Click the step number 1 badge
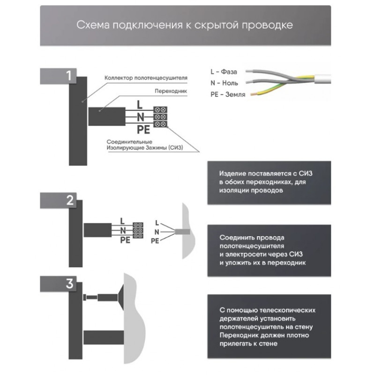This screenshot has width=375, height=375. point(58,76)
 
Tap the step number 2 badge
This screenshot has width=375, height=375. point(58,200)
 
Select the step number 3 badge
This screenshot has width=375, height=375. point(58,284)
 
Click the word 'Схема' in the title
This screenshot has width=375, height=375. point(93,25)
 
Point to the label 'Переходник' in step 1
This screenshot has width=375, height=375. point(171,91)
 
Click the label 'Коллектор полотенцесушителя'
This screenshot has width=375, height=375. point(146,78)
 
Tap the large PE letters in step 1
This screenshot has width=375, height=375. point(143,130)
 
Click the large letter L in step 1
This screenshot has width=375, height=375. point(139,105)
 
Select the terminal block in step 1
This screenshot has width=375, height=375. point(160,117)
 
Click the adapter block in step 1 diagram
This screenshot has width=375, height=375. point(107,116)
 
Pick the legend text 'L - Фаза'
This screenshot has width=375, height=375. point(224,72)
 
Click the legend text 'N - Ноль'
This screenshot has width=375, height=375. point(225,83)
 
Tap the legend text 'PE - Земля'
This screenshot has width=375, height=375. point(228,95)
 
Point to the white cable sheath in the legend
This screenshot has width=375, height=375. point(322,79)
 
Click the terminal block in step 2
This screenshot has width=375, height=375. point(138,231)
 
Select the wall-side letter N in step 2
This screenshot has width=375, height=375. point(157,232)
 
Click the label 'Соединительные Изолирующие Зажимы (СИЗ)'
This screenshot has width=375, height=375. point(145,145)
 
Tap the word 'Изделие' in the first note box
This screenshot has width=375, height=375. point(232,173)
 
